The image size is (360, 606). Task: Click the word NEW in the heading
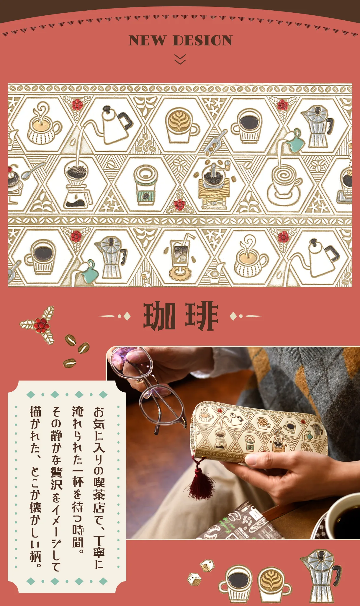click(x=147, y=40)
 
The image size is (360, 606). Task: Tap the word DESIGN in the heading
click(x=203, y=40)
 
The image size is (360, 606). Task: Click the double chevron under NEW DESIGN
click(x=180, y=59)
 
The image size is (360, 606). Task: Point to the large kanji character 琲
click(x=202, y=316)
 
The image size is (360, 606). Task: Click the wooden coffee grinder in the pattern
click(x=214, y=186)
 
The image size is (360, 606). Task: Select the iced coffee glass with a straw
click(x=181, y=257)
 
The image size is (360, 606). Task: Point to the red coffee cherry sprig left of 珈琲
click(x=40, y=325)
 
